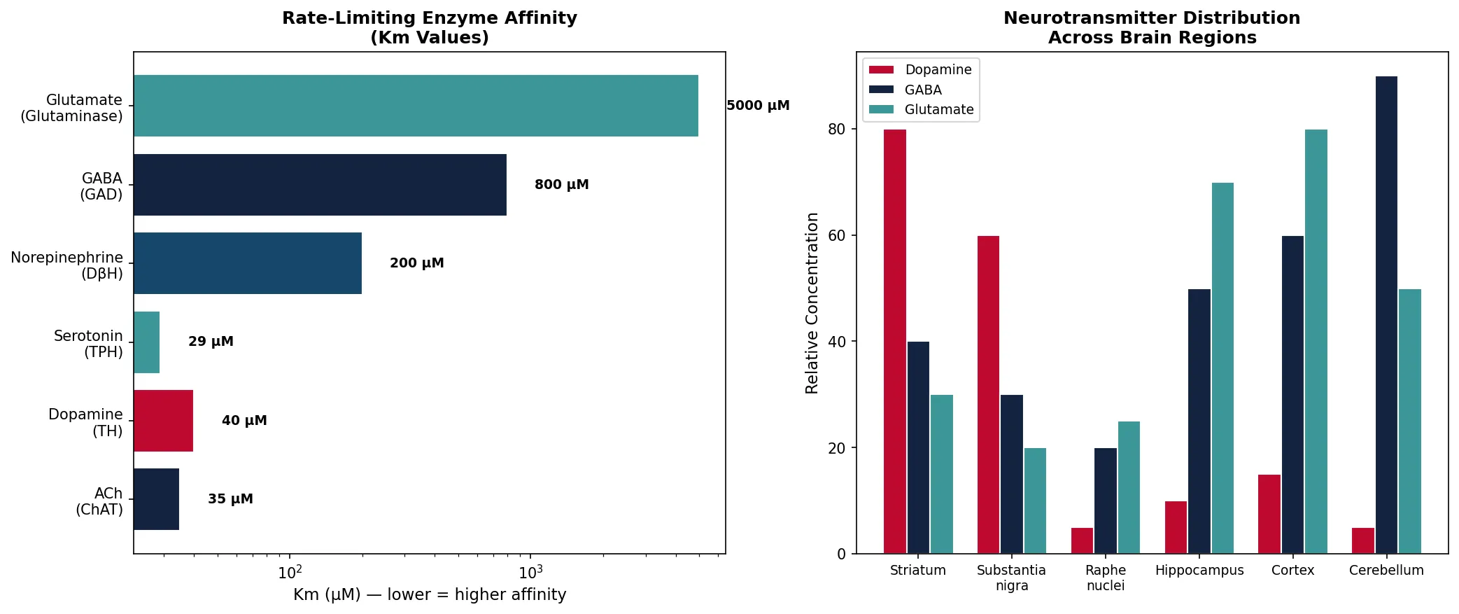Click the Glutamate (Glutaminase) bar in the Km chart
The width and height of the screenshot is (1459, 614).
tap(416, 106)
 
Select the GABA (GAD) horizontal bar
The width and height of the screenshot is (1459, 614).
tap(320, 185)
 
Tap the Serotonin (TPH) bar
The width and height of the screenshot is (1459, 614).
tap(147, 342)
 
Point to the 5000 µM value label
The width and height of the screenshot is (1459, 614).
tap(758, 106)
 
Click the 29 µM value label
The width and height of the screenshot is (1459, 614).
tap(211, 342)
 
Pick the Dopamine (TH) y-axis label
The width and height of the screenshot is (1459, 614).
tap(85, 423)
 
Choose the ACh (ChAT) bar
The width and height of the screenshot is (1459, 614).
tap(156, 499)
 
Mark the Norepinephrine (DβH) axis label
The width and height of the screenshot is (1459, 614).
tap(67, 265)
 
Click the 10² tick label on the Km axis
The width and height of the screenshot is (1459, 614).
tap(290, 573)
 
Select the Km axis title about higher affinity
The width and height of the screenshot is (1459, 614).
tap(430, 595)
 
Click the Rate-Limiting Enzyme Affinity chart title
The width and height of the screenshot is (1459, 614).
tap(430, 27)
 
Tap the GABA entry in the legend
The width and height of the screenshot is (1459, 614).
tap(922, 90)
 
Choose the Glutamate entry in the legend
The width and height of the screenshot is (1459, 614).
tap(938, 109)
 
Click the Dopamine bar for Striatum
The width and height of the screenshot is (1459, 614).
tap(894, 342)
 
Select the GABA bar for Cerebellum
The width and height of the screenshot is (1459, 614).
tap(1386, 315)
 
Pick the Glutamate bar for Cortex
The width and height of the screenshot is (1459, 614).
tap(1316, 342)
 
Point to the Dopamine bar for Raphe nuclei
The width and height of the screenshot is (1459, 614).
tap(1082, 540)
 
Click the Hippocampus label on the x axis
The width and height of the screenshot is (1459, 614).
tap(1199, 571)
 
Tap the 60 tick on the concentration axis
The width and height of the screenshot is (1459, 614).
tap(836, 236)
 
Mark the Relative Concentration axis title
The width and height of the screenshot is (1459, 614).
tap(812, 303)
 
